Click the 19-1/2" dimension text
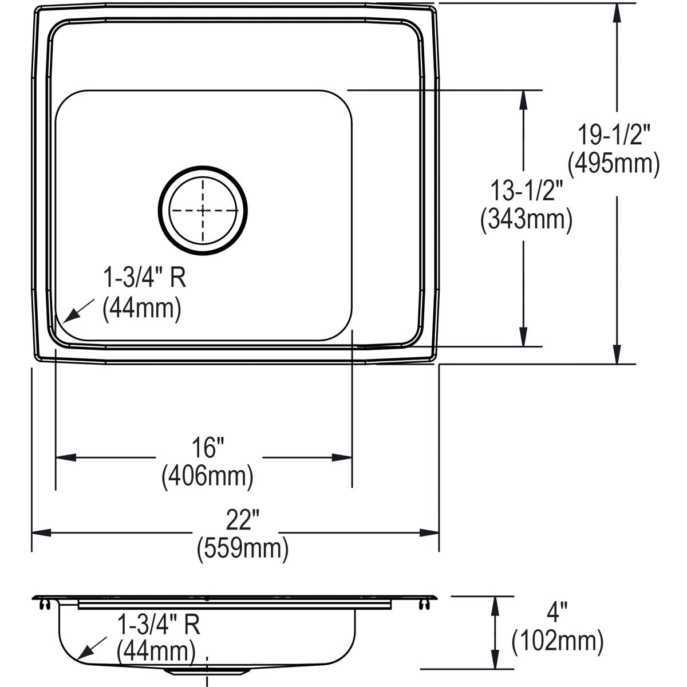(x=614, y=136)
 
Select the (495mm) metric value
(x=614, y=164)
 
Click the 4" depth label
(x=557, y=614)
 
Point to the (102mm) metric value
(x=557, y=641)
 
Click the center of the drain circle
(x=203, y=210)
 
